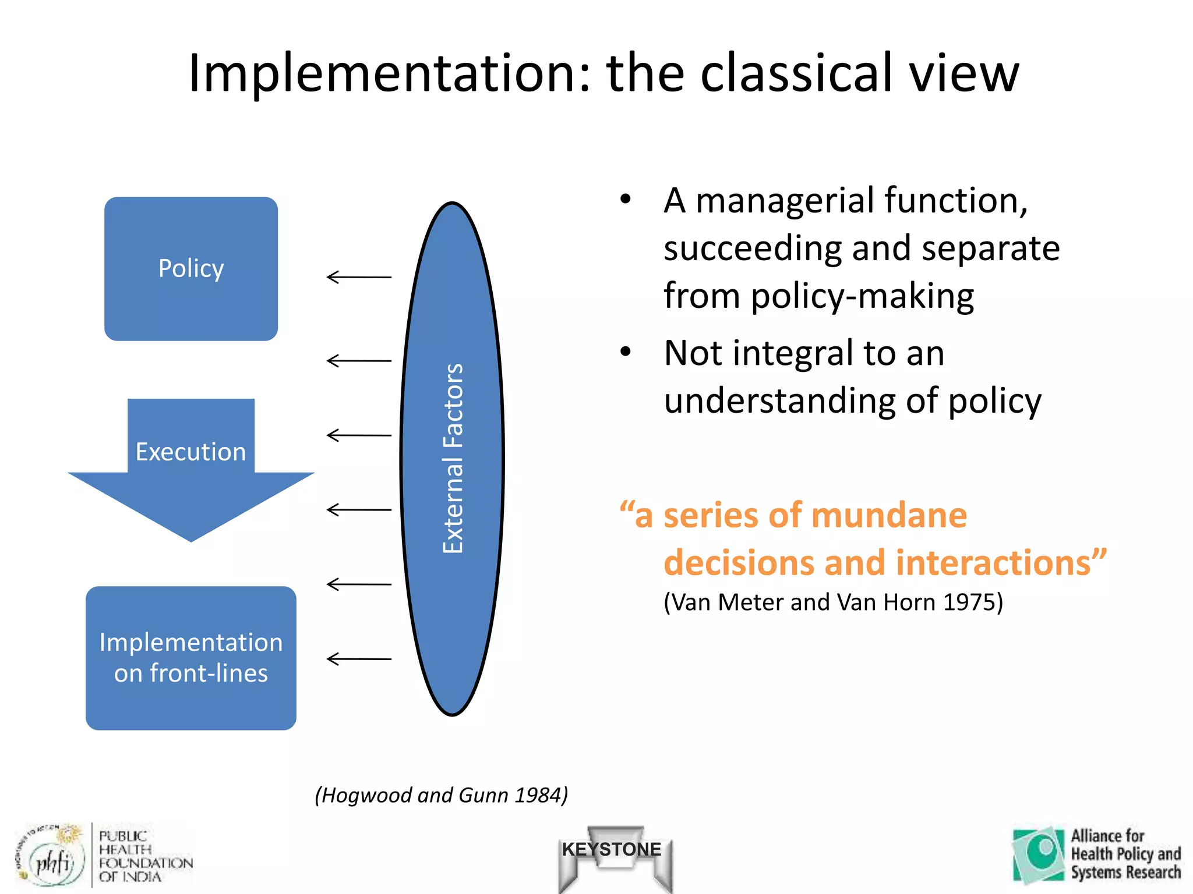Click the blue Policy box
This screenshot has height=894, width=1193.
(190, 269)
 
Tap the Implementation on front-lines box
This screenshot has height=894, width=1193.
(190, 658)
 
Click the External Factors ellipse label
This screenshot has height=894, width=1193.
(453, 459)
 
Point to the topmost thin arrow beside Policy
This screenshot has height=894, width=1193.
(358, 277)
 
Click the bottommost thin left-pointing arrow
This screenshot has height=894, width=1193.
(358, 659)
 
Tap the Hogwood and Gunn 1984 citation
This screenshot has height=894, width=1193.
(441, 795)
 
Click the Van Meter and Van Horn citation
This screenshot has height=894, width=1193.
(833, 602)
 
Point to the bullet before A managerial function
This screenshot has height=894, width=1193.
(626, 200)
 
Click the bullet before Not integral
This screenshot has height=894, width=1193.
(626, 352)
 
